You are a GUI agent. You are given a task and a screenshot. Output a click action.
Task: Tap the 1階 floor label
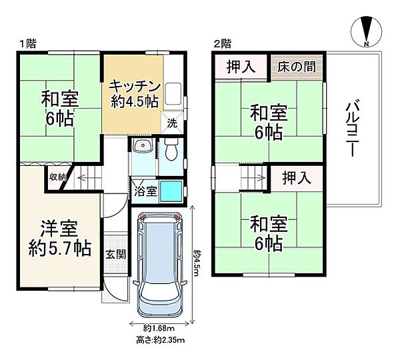coord(27,44)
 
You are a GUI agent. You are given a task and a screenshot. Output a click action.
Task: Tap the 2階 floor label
coord(222,44)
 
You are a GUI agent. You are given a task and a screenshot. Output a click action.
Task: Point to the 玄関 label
coord(115,254)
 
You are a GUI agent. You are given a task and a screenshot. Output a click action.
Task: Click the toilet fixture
coord(171,151)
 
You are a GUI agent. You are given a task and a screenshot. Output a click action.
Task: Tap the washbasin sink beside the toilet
coord(141,147)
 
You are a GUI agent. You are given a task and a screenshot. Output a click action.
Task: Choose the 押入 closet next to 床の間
coord(241,66)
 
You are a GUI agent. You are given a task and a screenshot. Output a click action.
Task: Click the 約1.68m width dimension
coord(159,327)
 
